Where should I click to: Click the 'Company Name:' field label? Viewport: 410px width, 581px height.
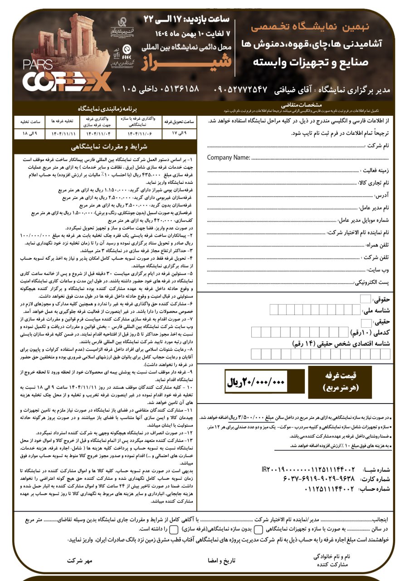click(229, 158)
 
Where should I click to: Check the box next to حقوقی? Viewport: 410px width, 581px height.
click(365, 299)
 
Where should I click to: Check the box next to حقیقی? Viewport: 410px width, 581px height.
click(365, 322)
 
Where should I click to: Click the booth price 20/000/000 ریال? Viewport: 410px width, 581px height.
click(256, 382)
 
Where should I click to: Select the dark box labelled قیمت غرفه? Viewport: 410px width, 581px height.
click(340, 382)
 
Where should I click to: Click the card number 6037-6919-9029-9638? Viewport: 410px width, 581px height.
click(312, 479)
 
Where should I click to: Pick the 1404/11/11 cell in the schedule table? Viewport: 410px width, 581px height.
click(63, 134)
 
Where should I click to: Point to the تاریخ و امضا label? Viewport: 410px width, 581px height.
click(222, 561)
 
